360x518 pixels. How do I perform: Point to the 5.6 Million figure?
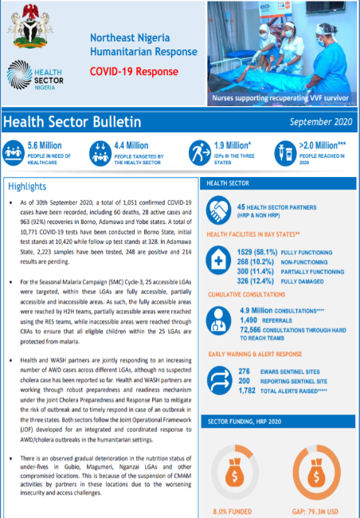click(45, 145)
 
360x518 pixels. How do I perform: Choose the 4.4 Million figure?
click(131, 145)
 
